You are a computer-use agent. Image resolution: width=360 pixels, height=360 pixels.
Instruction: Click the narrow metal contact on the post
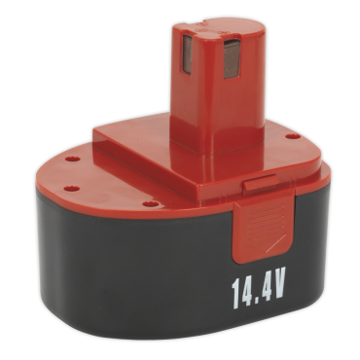click(x=187, y=54)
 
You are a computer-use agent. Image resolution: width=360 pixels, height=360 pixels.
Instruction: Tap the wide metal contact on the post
click(x=232, y=58)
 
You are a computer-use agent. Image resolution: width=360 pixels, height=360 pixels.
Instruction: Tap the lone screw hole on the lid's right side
click(x=293, y=136)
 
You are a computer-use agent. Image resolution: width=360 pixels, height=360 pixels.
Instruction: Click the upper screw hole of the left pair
click(x=72, y=159)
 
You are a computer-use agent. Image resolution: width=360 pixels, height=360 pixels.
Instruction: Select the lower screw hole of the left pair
click(x=72, y=189)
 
